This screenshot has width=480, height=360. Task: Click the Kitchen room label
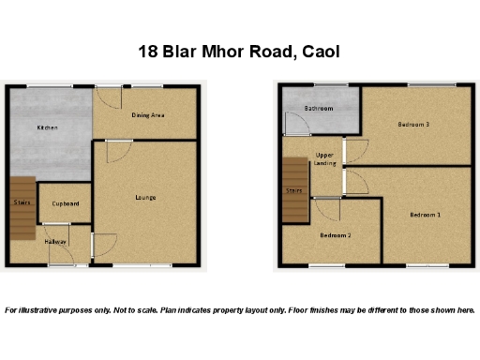tap(47, 127)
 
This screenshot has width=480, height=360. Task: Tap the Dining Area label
tap(148, 115)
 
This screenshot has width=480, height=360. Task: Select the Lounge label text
tap(145, 197)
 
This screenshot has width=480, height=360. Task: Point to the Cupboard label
tap(65, 203)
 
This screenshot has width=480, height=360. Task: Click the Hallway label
tap(56, 242)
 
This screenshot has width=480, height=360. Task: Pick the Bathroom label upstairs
tap(319, 109)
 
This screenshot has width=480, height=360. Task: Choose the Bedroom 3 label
tap(412, 125)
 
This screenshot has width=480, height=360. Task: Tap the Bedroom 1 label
tap(425, 215)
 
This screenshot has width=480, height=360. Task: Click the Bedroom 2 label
tap(336, 235)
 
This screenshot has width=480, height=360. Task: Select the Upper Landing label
tap(325, 158)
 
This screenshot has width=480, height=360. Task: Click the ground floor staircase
tap(22, 202)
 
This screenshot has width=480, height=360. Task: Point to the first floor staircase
tap(294, 190)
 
